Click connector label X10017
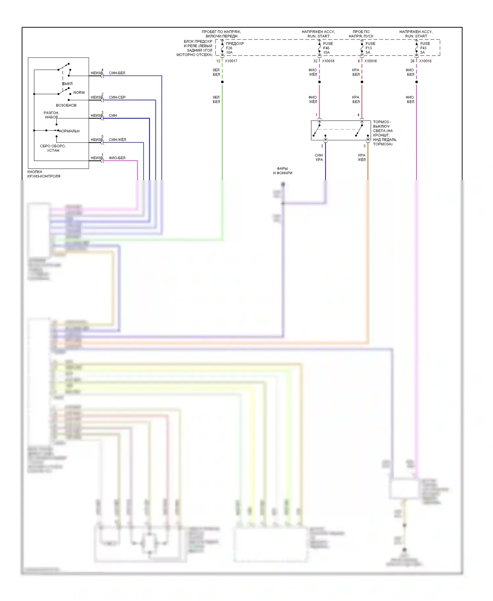231,61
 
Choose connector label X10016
370,61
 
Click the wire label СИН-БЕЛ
117,73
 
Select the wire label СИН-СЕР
117,97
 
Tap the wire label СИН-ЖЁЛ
117,140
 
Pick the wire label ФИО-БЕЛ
117,158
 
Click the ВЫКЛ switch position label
68,84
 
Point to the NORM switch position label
79,93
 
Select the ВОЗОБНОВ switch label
66,106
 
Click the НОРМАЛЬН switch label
69,131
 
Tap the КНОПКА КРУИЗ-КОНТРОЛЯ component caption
44,174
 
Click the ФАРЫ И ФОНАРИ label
282,171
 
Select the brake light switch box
340,131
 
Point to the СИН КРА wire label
319,157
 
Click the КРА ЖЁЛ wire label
362,157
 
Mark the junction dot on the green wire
222,82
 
